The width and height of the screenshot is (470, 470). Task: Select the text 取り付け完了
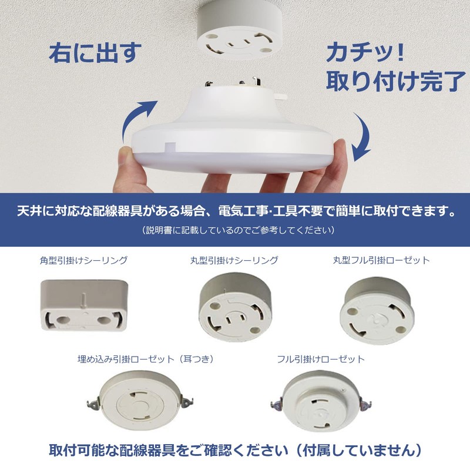click(x=393, y=82)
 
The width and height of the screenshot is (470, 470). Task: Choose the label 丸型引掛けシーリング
click(x=234, y=260)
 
